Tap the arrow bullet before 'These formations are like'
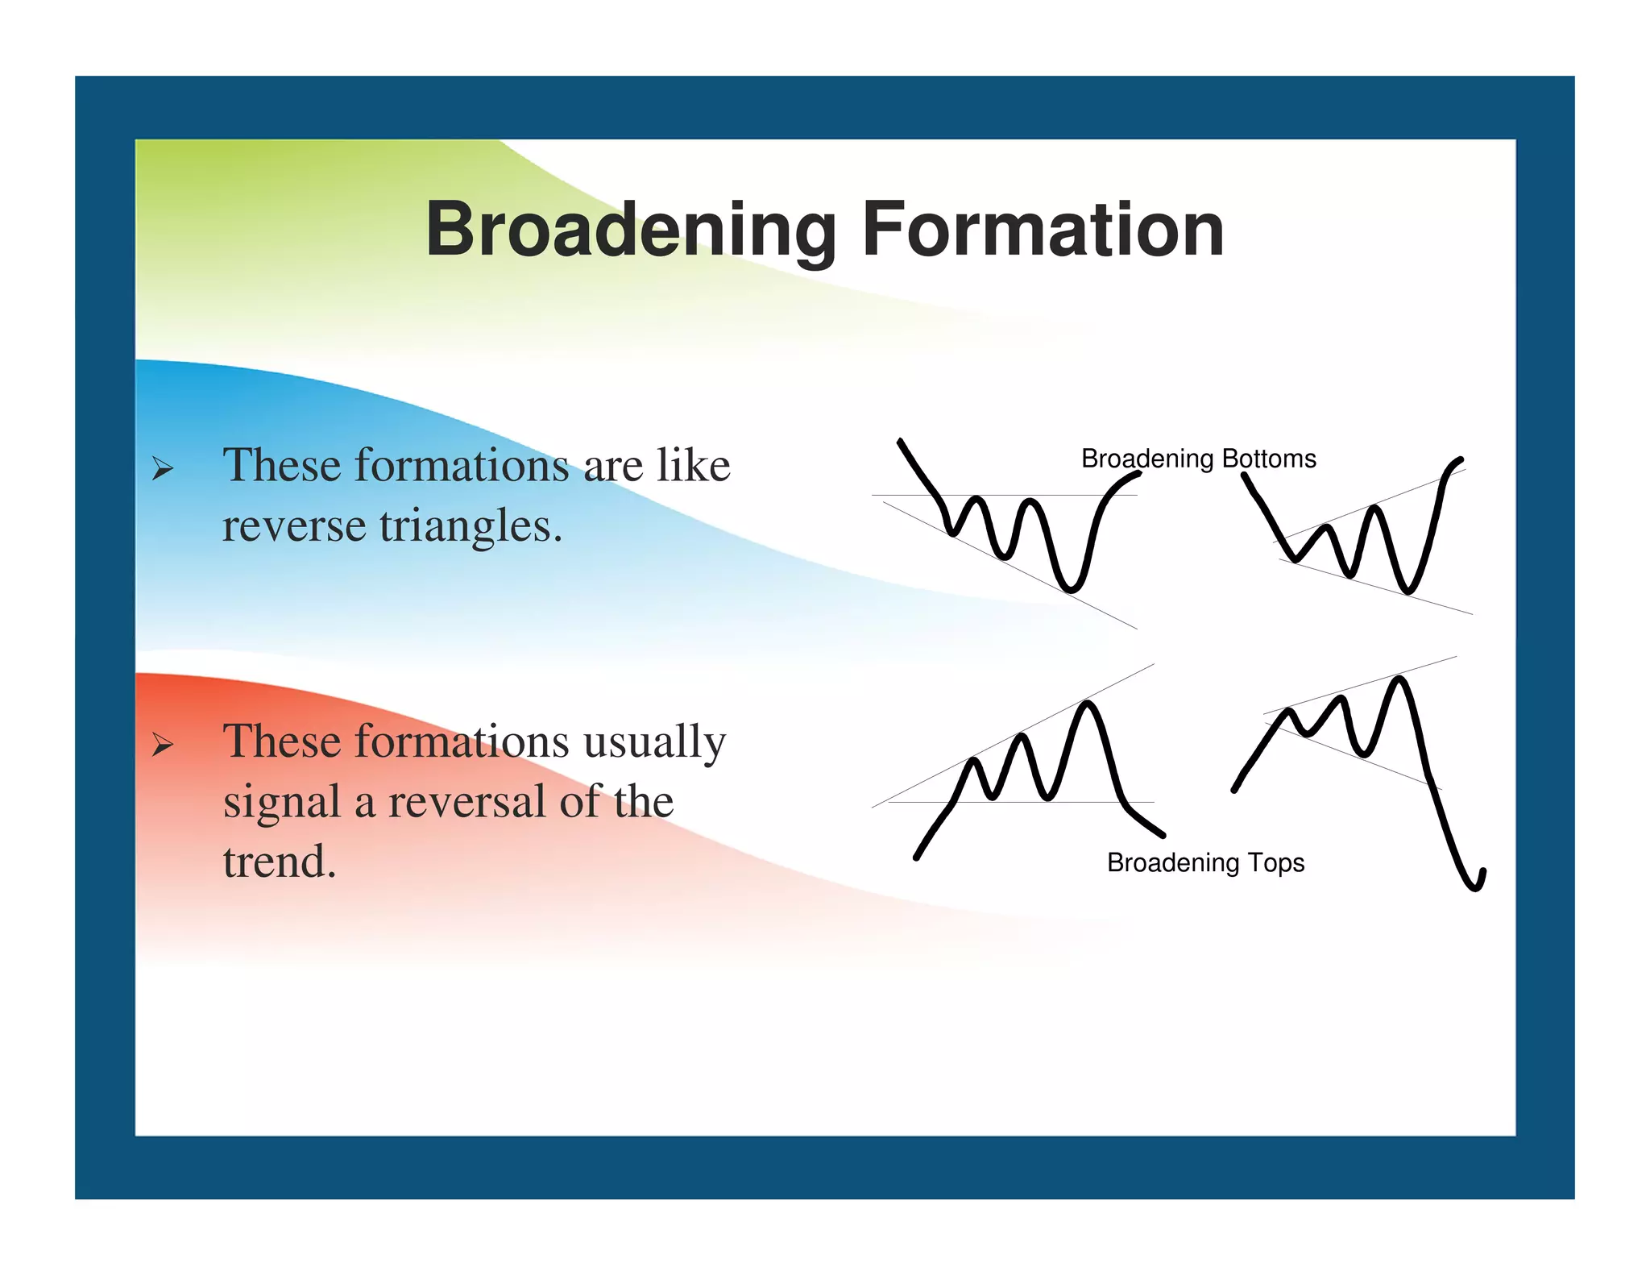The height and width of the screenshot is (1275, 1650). (163, 469)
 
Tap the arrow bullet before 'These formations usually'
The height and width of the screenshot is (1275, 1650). (163, 745)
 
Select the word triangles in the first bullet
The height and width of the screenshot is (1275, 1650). (470, 527)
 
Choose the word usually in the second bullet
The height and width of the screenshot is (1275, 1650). (654, 741)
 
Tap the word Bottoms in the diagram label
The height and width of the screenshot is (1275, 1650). (1269, 459)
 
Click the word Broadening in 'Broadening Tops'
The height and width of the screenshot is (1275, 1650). (1173, 863)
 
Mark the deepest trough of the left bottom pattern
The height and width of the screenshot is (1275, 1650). (1070, 589)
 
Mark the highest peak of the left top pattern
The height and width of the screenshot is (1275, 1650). (1088, 704)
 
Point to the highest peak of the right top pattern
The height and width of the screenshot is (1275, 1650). (1399, 679)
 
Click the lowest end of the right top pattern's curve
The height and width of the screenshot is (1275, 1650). (1476, 888)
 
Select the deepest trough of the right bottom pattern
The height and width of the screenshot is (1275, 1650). (1407, 591)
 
